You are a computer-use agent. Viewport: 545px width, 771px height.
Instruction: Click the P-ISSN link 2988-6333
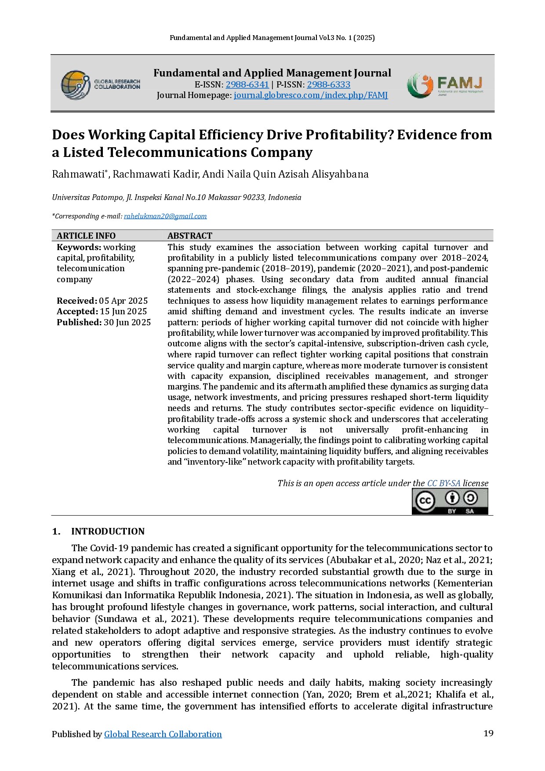pyautogui.click(x=328, y=84)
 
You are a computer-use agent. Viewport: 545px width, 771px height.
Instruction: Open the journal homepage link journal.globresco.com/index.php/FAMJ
pyautogui.click(x=310, y=95)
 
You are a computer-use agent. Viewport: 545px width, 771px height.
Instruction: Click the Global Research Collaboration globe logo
pyautogui.click(x=75, y=85)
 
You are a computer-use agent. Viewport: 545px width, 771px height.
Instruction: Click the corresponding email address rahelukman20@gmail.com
pyautogui.click(x=165, y=216)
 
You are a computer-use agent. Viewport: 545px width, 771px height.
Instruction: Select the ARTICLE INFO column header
pyautogui.click(x=86, y=236)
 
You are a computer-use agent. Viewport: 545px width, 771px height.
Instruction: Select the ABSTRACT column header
pyautogui.click(x=190, y=236)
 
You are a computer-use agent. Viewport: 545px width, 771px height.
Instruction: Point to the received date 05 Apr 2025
pyautogui.click(x=124, y=301)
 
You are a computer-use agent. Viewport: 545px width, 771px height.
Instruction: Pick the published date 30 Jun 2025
pyautogui.click(x=127, y=322)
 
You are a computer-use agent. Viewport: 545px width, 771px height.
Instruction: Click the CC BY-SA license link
pyautogui.click(x=443, y=484)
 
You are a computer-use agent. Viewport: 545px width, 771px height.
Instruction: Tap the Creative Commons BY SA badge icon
pyautogui.click(x=450, y=502)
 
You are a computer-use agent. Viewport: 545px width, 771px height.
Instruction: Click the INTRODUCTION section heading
pyautogui.click(x=108, y=531)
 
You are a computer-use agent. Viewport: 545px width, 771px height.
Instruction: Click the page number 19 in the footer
pyautogui.click(x=488, y=733)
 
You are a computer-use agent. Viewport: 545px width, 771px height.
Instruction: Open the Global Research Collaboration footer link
pyautogui.click(x=163, y=734)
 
